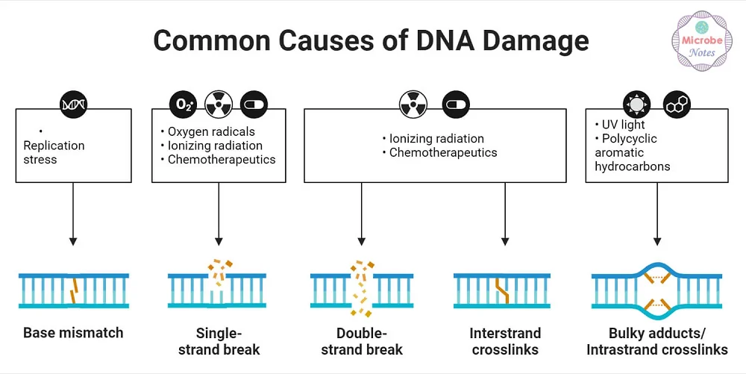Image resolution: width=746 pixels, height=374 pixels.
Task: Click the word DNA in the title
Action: [x=468, y=40]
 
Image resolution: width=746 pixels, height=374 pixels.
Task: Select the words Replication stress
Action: [x=54, y=152]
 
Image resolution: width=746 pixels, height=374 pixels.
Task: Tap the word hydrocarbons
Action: [x=632, y=166]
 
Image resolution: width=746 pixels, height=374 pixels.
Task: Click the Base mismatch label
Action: [x=73, y=333]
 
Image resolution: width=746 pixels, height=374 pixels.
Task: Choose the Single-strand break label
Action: [x=219, y=341]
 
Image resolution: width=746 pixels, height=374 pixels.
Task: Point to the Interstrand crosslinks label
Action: [x=505, y=341]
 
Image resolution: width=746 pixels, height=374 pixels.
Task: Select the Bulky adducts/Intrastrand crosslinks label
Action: [x=656, y=341]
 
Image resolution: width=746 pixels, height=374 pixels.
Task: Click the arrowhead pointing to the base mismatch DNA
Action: [x=73, y=241]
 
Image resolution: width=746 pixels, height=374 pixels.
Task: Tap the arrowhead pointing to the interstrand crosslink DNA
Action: [x=505, y=241]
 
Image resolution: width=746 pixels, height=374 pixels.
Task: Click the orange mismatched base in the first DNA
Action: [x=74, y=291]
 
